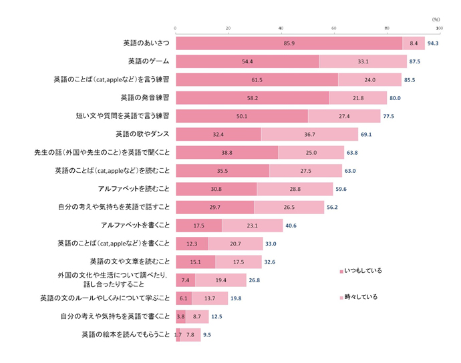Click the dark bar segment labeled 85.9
[x=289, y=43]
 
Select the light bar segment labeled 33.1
[x=363, y=61]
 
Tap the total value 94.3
[x=432, y=43]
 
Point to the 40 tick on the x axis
[x=281, y=28]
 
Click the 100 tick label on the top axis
[x=439, y=28]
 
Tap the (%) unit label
[x=436, y=19]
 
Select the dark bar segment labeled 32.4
[x=218, y=134]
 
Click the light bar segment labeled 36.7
[x=309, y=134]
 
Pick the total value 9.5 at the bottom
[x=206, y=335]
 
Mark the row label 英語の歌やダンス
[x=142, y=134]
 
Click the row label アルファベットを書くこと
[x=134, y=226]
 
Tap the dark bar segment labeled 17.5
[x=198, y=226]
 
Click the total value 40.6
[x=291, y=226]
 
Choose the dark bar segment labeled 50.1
[x=241, y=116]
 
